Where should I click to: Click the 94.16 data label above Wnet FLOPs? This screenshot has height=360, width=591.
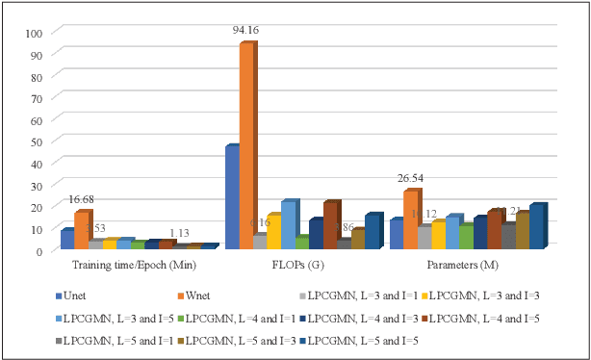point(247,31)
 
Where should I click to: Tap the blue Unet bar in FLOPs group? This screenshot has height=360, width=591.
point(232,197)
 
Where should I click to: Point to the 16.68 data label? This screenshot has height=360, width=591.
point(82,200)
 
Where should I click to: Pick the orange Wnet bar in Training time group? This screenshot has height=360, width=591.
point(82,230)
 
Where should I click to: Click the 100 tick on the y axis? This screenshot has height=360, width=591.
point(35,33)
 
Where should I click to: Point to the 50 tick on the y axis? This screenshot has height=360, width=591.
point(38,141)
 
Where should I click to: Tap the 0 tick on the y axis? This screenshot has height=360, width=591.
point(40,251)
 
